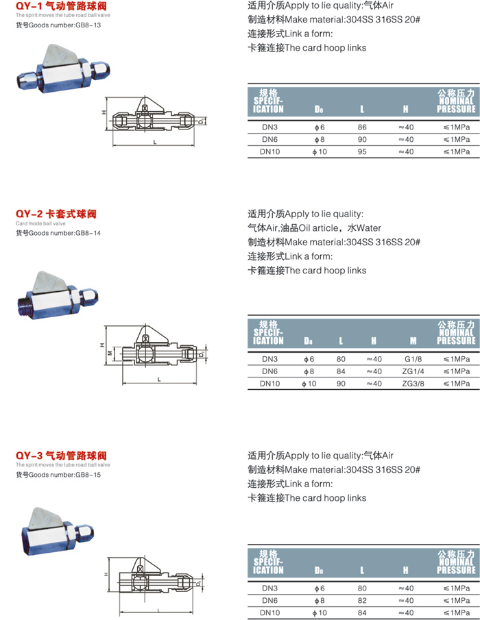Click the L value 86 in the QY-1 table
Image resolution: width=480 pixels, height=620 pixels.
pos(362,127)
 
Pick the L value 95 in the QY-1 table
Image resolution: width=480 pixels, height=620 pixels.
pos(362,151)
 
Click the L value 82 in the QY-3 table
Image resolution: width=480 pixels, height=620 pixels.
pos(362,600)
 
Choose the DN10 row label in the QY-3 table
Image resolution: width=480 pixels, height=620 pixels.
pos(270,612)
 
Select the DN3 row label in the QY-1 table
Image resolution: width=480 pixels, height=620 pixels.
pos(270,127)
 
